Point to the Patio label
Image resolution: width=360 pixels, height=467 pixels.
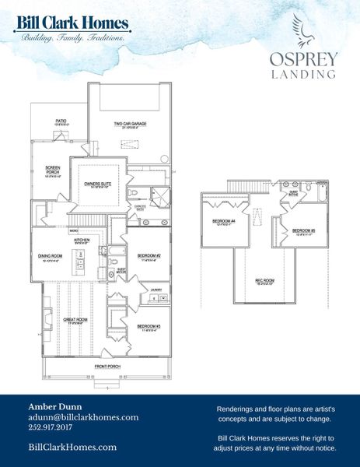pyautogui.click(x=61, y=121)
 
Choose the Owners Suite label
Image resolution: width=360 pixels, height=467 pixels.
pyautogui.click(x=98, y=184)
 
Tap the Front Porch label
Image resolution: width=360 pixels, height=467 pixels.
pyautogui.click(x=106, y=366)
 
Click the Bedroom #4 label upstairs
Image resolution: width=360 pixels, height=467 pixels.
pyautogui.click(x=224, y=221)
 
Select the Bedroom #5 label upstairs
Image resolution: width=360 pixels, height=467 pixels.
pyautogui.click(x=303, y=230)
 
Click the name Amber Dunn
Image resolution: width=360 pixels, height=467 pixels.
pyautogui.click(x=54, y=406)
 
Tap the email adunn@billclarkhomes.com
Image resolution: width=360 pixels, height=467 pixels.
pyautogui.click(x=83, y=417)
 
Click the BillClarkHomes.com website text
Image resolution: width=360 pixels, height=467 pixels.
pyautogui.click(x=72, y=447)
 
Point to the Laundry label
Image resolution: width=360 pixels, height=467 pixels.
pyautogui.click(x=156, y=290)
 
